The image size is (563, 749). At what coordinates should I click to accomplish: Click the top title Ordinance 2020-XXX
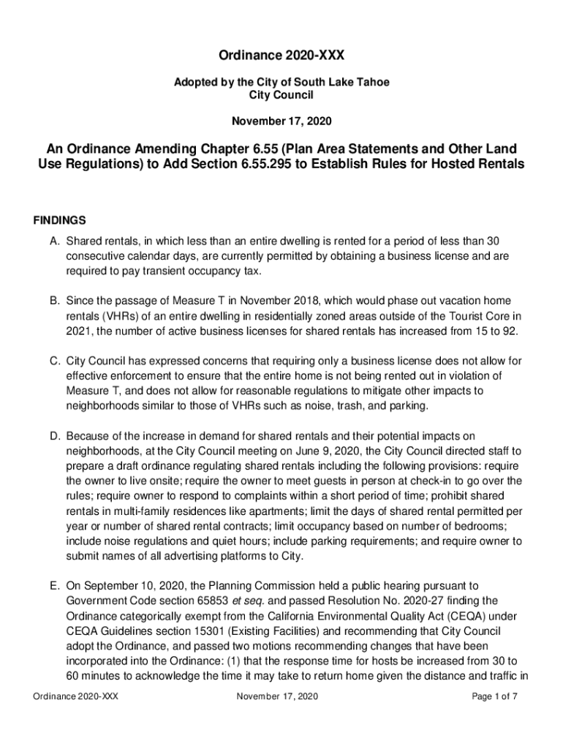pyautogui.click(x=281, y=56)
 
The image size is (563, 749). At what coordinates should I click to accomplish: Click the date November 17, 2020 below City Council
pyautogui.click(x=281, y=119)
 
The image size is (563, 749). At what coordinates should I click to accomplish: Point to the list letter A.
pyautogui.click(x=55, y=241)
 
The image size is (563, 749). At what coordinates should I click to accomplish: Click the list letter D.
pyautogui.click(x=55, y=437)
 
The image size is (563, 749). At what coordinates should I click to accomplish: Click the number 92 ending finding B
pyautogui.click(x=509, y=331)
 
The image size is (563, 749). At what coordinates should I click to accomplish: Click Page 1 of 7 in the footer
pyautogui.click(x=494, y=696)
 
